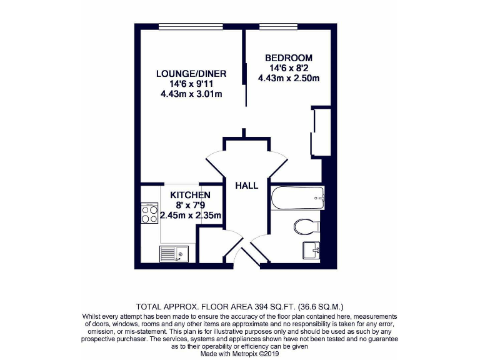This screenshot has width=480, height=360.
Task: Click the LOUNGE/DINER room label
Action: (191, 74)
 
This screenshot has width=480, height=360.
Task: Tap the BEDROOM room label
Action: (289, 58)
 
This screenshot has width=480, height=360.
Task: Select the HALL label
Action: (247, 186)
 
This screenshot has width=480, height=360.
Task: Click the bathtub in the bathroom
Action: (297, 199)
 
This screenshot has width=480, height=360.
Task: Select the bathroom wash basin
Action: (311, 250)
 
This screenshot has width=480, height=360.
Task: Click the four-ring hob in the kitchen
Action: (149, 214)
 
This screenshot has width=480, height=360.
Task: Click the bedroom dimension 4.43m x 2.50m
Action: (289, 79)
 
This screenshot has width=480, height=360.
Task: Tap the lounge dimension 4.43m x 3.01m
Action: (191, 94)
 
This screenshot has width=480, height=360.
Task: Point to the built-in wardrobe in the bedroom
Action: (321, 132)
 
